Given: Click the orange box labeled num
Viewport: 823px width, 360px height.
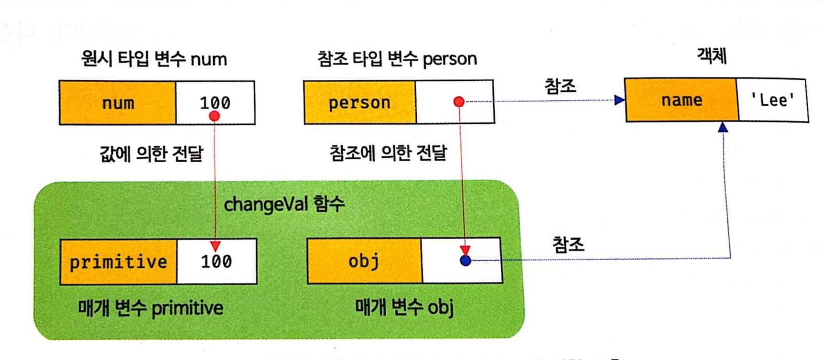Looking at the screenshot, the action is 118,103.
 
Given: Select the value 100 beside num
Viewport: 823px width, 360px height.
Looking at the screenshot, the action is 215,102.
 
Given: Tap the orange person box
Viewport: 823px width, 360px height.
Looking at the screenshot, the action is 359,102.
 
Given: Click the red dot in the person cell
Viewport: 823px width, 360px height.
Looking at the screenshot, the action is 459,101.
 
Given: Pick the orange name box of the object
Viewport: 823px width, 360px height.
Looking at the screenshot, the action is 682,100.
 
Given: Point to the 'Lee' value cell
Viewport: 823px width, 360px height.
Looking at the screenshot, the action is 772,100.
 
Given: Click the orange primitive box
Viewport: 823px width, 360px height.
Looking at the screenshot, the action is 119,262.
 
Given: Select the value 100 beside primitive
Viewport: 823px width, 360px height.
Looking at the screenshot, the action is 217,261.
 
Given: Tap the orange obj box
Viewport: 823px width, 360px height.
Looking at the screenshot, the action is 364,261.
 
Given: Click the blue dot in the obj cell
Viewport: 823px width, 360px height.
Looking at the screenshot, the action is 466,261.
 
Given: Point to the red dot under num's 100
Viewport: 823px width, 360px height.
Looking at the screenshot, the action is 215,116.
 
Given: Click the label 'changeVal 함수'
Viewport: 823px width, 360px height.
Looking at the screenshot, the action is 284,204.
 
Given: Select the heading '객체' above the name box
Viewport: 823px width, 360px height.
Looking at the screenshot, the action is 712,56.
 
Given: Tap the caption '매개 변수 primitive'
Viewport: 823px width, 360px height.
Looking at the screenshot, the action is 151,308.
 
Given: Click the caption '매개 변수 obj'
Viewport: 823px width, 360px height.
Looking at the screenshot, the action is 404,307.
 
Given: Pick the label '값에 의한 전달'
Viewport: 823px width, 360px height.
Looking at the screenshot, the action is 151,153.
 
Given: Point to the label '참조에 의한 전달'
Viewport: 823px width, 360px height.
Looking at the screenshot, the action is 388,153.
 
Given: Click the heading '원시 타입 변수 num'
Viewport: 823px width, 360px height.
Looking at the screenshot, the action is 154,59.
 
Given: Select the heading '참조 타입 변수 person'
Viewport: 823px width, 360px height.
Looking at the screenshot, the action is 397,59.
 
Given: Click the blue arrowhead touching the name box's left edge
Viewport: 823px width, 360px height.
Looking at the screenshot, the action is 619,100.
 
